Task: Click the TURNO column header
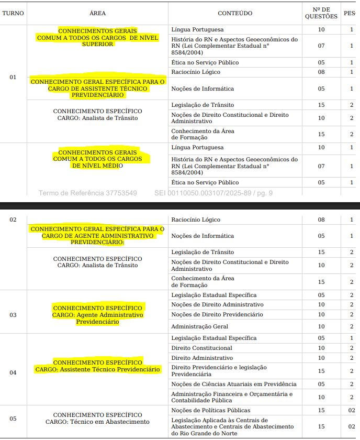13,13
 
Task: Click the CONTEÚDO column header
235,13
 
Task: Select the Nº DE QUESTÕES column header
321,13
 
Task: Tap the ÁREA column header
97,13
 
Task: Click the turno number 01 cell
13,77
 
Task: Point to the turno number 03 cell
13,315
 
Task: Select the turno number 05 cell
13,419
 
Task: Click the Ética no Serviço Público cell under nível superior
205,62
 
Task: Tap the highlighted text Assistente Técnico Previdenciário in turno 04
97,369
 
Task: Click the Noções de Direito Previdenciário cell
217,314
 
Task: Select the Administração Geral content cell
199,326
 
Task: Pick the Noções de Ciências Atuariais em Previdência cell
234,384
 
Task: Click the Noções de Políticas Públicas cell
211,410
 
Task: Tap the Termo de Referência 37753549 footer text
87,193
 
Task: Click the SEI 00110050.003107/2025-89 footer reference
213,193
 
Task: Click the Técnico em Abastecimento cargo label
97,422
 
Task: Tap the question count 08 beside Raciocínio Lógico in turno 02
321,219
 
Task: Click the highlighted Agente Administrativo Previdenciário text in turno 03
97,315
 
